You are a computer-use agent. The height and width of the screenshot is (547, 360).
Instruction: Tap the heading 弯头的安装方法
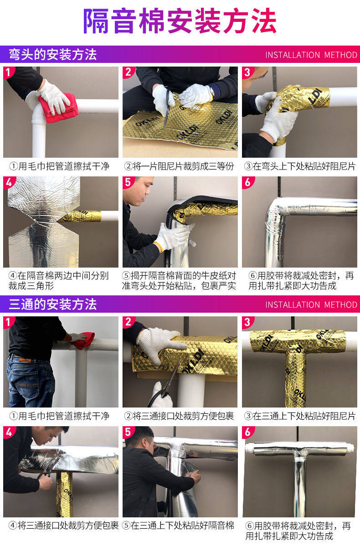coord(53,54)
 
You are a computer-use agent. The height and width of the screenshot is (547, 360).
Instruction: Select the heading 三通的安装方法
coord(53,304)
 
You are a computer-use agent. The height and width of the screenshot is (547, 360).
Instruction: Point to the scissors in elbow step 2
coord(167,110)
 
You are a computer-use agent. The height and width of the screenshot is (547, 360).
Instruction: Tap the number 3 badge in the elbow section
coord(248,72)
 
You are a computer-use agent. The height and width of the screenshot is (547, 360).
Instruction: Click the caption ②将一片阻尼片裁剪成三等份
coord(180,166)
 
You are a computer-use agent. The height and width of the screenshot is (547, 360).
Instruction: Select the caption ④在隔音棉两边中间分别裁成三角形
coord(59,281)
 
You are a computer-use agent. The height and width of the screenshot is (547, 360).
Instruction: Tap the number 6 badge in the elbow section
coord(248,182)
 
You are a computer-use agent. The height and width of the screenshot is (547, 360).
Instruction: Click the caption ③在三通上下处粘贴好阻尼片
coord(300,416)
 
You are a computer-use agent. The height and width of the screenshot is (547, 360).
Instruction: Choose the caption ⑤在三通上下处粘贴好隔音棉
coord(178,525)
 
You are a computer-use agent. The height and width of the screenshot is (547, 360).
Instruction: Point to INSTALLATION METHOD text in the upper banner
coord(311,55)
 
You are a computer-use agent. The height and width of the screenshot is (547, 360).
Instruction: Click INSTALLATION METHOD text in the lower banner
coord(311,305)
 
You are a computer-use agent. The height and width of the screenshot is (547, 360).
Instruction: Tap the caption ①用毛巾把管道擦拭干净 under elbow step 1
coord(59,166)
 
